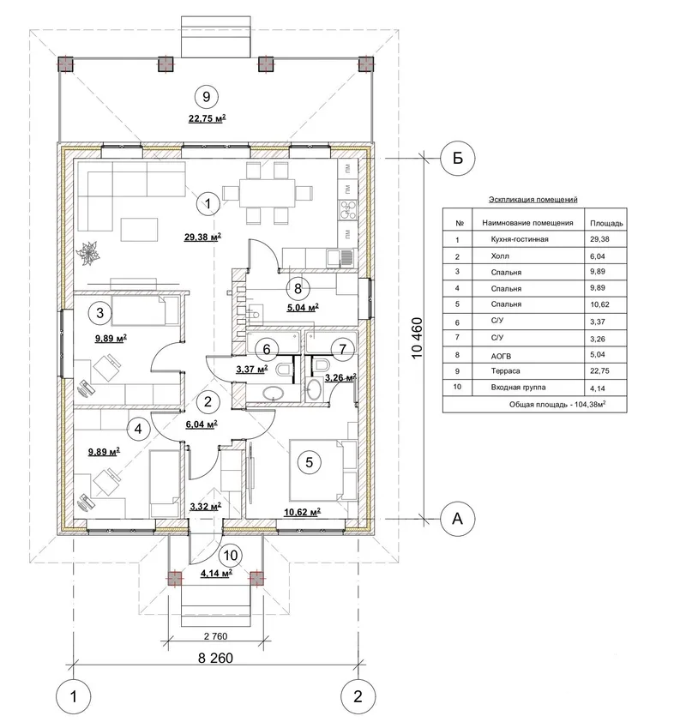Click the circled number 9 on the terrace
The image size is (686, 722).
click(207, 97)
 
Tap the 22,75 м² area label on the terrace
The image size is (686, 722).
click(208, 118)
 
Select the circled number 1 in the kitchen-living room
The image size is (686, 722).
click(208, 203)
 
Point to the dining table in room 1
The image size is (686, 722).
click(267, 193)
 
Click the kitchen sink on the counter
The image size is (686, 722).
click(340, 258)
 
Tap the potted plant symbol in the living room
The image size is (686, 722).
click(88, 252)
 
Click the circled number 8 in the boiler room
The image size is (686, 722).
click(298, 289)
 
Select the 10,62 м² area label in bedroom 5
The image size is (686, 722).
click(303, 512)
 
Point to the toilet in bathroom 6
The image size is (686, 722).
click(284, 370)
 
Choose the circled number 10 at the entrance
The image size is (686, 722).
click(230, 556)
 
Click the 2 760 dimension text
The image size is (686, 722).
click(215, 636)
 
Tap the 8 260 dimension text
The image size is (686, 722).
click(215, 658)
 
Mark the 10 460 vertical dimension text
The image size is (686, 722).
click(417, 339)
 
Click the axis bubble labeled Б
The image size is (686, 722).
click(458, 158)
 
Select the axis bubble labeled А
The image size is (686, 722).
click(458, 519)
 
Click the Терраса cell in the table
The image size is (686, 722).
click(506, 371)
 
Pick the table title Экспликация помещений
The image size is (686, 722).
click(533, 200)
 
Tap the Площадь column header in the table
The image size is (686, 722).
click(606, 223)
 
